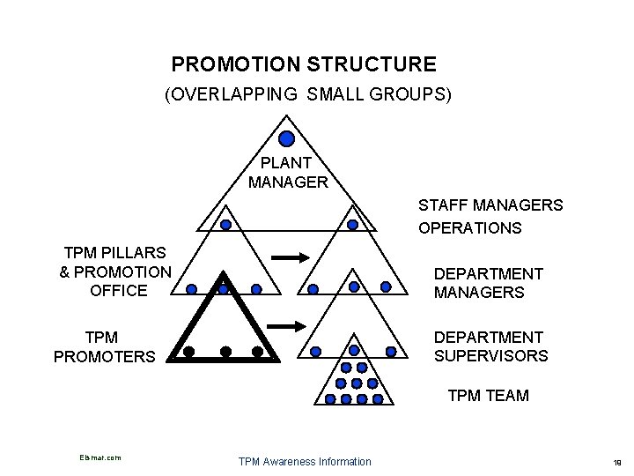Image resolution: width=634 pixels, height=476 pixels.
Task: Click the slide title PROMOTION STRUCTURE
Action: click(304, 64)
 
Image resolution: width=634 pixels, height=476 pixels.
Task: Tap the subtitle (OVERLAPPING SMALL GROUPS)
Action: click(307, 94)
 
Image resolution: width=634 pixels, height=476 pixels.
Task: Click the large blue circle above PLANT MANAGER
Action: click(287, 138)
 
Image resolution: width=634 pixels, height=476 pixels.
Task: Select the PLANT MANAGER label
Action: click(288, 173)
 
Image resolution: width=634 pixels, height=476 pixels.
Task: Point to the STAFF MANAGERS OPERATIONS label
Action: click(490, 217)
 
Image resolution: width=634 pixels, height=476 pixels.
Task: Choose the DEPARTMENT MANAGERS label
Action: click(488, 283)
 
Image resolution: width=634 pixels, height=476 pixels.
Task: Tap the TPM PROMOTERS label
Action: click(105, 347)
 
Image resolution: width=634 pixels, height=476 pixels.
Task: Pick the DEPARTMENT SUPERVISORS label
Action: click(490, 346)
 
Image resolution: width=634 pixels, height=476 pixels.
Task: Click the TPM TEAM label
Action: click(488, 396)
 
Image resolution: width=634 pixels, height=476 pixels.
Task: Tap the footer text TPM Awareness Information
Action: click(305, 461)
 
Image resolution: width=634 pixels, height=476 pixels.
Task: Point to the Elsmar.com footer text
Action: click(99, 457)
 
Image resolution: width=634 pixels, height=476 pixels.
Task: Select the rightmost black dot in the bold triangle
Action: click(257, 352)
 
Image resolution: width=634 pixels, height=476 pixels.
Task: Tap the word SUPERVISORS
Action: click(490, 356)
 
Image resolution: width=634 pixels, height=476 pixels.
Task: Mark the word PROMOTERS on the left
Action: click(105, 357)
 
